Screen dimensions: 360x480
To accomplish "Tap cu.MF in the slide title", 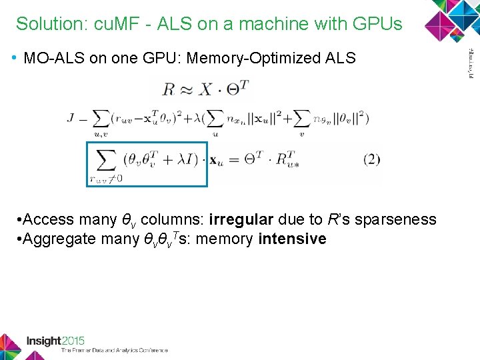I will click(109, 24).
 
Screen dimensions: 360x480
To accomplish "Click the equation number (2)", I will click(371, 160).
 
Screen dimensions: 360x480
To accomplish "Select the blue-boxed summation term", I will click(147, 163).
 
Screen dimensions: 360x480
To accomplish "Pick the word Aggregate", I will click(59, 239).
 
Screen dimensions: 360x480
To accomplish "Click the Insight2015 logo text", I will click(55, 341).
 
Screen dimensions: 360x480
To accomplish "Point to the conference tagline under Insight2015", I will click(114, 350).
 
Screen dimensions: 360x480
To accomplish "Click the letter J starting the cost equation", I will click(71, 119).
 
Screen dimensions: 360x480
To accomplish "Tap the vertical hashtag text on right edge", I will click(468, 63).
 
